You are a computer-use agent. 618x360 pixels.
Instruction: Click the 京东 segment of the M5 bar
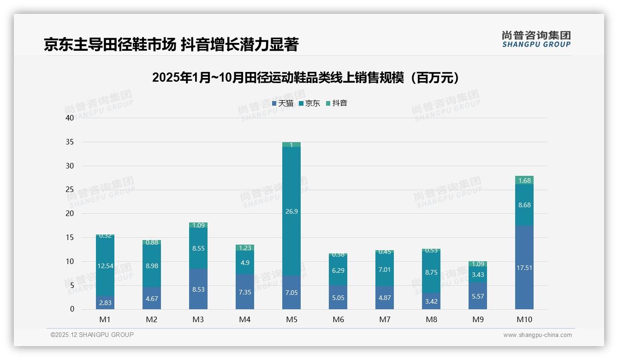click(x=291, y=211)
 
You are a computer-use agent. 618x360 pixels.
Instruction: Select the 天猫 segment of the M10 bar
click(x=524, y=267)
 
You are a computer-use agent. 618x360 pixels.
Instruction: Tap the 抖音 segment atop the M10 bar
click(x=524, y=180)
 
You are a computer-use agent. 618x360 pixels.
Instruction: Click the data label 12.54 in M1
click(x=105, y=266)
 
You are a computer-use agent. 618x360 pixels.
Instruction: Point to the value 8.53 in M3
click(x=198, y=289)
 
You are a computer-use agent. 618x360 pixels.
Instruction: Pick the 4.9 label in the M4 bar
click(x=244, y=263)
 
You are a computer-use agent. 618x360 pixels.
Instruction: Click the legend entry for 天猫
click(x=283, y=103)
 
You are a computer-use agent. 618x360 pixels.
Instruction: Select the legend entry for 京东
click(x=309, y=103)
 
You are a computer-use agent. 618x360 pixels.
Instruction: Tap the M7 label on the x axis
click(x=385, y=319)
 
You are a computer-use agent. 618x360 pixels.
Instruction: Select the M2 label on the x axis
click(x=151, y=319)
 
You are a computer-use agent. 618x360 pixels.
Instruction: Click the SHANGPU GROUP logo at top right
click(x=536, y=39)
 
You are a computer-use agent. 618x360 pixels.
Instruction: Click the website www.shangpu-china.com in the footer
click(x=537, y=335)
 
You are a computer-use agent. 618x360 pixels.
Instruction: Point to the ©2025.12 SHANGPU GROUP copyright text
click(x=92, y=335)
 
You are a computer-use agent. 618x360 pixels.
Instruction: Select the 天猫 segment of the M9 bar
click(x=478, y=296)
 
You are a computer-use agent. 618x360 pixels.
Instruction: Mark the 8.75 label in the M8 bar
click(x=431, y=273)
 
